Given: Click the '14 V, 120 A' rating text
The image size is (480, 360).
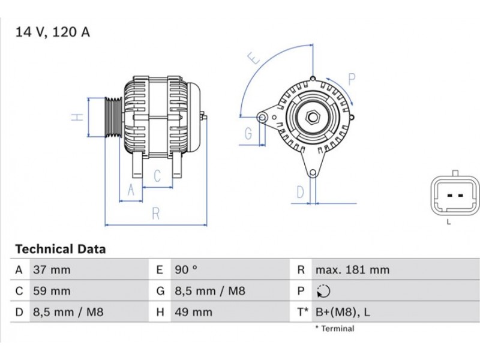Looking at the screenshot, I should coord(53,32).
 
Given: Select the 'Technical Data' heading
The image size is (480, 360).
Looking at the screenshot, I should coord(60,249).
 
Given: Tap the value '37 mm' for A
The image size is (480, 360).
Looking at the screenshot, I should coord(52,270).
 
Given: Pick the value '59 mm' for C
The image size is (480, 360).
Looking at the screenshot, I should coord(52,292).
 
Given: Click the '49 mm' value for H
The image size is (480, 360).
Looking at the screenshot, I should coord(193,313).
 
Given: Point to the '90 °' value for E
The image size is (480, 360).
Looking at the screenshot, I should coord(185,270).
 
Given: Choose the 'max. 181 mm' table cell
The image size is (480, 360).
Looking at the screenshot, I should coord(352,270).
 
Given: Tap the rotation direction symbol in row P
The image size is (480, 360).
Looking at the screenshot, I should coord(323,292).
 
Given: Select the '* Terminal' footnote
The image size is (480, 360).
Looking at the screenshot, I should coord(335,329).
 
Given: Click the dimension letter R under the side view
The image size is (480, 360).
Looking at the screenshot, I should coord(155,213).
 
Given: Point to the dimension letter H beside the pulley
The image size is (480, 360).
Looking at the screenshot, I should coord(77,117).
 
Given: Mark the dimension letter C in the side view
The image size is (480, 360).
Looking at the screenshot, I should coord(157,176).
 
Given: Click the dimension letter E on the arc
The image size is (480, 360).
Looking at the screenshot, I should coord(254,58).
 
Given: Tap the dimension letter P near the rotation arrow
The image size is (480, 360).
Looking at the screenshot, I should coord(352,79).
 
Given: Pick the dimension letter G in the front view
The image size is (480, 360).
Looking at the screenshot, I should coord(248,134).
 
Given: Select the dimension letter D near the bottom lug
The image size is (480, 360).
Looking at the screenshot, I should coord(301,192).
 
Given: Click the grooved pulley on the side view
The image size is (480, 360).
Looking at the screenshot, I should coord(112,117).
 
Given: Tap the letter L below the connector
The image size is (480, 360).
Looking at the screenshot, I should coord(448,222).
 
